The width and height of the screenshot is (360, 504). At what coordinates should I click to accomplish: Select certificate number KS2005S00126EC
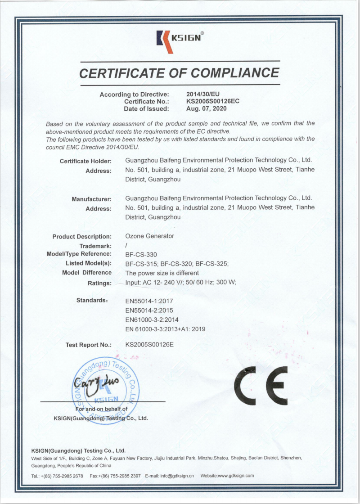(x=213, y=101)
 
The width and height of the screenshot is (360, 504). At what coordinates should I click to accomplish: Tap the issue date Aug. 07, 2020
(x=207, y=108)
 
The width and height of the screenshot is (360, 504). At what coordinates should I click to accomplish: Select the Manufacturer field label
(x=91, y=199)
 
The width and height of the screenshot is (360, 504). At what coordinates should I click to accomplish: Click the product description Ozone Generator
(x=149, y=236)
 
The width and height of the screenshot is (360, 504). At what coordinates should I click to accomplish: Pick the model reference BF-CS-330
(x=141, y=255)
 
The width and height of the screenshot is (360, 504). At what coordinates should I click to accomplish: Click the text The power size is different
(x=162, y=273)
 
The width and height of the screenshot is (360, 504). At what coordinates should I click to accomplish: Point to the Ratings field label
(x=99, y=283)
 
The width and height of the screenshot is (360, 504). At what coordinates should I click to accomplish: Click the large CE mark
(x=261, y=385)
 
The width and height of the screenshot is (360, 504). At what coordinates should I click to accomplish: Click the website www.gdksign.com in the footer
(x=237, y=476)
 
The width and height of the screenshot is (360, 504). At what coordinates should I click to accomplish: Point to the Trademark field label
(x=95, y=246)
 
